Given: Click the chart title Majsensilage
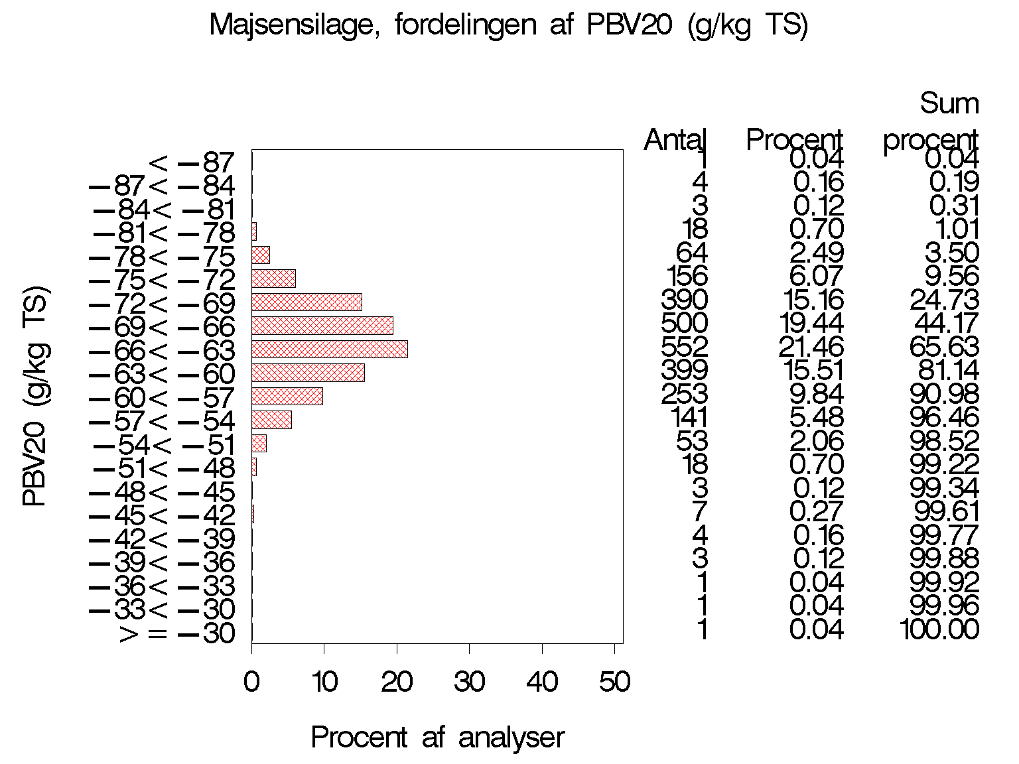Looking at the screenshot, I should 508,27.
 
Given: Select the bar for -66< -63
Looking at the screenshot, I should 329,349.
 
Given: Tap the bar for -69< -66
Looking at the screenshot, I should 322,326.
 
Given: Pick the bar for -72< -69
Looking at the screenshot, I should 306,302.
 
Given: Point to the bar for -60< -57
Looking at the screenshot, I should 287,397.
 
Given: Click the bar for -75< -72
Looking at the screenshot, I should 273,278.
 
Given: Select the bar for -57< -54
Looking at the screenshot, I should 271,420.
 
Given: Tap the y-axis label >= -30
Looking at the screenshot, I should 177,634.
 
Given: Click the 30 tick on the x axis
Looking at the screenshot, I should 469,682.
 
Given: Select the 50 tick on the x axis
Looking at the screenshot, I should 614,682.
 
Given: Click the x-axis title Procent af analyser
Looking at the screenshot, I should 437,737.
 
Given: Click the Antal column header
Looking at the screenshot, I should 676,140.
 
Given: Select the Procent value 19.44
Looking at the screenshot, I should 816,324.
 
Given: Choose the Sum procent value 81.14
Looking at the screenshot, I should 944,371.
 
